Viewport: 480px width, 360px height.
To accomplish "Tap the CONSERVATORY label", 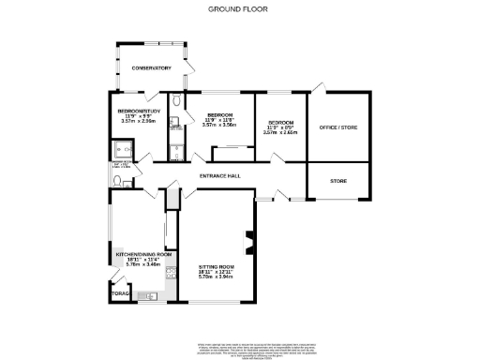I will click(151, 68).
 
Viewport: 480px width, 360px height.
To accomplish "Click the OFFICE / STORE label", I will click(338, 127).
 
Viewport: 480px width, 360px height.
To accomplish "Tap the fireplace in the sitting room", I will click(248, 242).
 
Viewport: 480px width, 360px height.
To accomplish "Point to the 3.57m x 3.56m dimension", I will click(224, 125).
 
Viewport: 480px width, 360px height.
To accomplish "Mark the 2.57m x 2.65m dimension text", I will click(280, 132).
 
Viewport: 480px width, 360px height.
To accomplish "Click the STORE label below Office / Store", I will click(337, 179).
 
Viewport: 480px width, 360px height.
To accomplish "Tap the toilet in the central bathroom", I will click(177, 102).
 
